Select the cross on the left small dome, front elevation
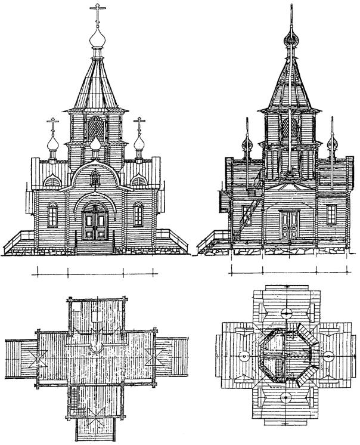[x=51, y=123]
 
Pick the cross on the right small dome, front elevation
[x=140, y=123]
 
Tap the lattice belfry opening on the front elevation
[x=95, y=127]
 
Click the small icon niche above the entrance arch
[x=95, y=177]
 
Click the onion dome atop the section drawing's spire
[x=290, y=42]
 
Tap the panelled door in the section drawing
[x=290, y=225]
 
